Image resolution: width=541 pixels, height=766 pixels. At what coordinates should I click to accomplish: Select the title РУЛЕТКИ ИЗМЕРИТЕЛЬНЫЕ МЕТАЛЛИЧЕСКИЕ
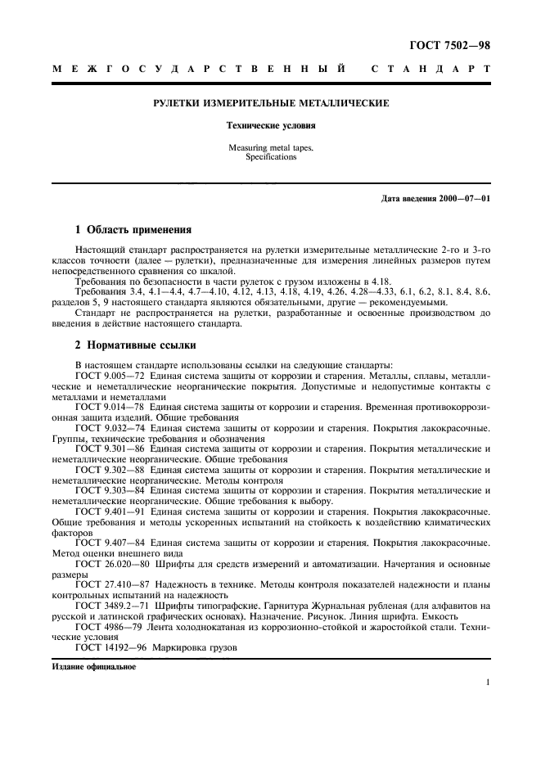pyautogui.click(x=271, y=104)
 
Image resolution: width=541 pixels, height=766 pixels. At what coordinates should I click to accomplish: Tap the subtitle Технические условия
pyautogui.click(x=271, y=128)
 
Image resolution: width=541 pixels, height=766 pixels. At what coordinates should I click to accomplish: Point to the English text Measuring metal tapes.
pyautogui.click(x=271, y=148)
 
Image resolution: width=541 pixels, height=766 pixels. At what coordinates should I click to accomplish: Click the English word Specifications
pyautogui.click(x=271, y=156)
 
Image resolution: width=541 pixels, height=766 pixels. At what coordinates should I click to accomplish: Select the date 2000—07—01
pyautogui.click(x=462, y=199)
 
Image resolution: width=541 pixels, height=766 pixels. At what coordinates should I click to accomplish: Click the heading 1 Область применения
pyautogui.click(x=133, y=230)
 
